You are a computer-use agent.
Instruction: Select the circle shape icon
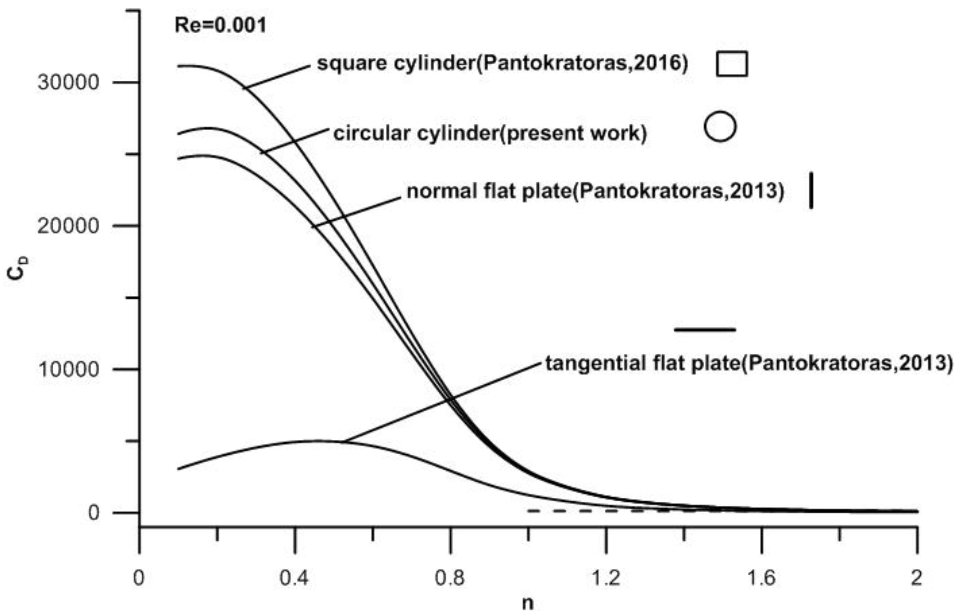(x=720, y=127)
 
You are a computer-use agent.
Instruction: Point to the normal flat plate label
(x=595, y=191)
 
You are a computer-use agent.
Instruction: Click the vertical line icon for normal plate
(x=811, y=190)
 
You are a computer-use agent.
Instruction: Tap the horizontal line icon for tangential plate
(x=705, y=329)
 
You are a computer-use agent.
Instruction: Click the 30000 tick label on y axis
(x=68, y=83)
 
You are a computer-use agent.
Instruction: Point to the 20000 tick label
(x=68, y=226)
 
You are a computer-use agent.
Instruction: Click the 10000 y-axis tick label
(x=68, y=369)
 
